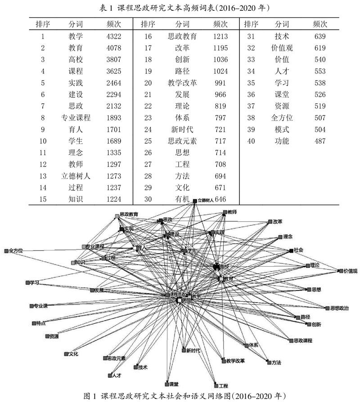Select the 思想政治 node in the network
point(327,308)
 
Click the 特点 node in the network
point(34,323)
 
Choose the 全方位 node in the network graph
point(6,250)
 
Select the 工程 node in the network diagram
point(216,385)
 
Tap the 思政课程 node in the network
point(291,340)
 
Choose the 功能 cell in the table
point(282,141)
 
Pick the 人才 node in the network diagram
point(110,375)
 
